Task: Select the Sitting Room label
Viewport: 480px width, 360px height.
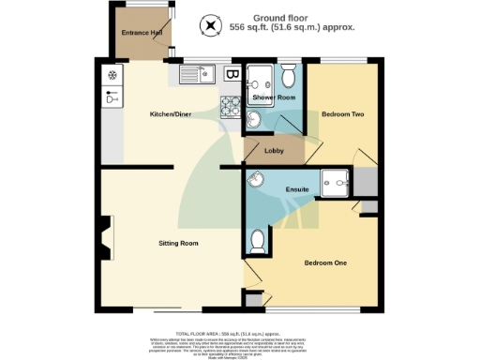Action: (x=177, y=243)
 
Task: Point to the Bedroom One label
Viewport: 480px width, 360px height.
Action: (x=325, y=262)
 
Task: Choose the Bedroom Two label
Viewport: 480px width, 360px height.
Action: (x=342, y=114)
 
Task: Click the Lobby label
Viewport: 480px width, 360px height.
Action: (x=274, y=151)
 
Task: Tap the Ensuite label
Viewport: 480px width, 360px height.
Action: (x=298, y=191)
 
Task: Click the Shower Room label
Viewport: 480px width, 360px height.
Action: (x=274, y=97)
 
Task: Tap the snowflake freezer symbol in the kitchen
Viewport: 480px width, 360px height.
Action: (x=112, y=75)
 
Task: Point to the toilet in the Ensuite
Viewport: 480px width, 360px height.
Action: (x=257, y=241)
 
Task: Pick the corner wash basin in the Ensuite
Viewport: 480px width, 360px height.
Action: (x=256, y=181)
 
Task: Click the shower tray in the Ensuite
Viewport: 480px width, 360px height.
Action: (x=334, y=182)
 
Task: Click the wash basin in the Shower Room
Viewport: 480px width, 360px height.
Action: (x=254, y=119)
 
